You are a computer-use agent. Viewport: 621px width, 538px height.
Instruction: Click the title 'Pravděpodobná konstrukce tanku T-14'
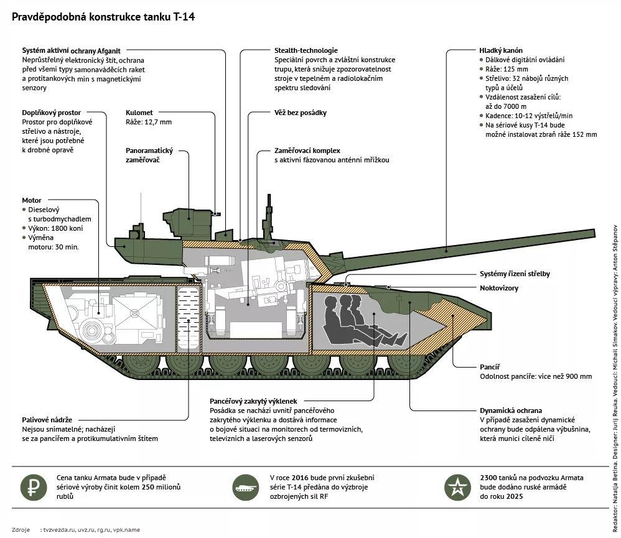pyautogui.click(x=103, y=16)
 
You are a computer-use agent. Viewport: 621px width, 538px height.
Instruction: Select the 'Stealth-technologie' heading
pyautogui.click(x=306, y=50)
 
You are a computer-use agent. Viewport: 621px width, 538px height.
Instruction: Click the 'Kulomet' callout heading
pyautogui.click(x=139, y=113)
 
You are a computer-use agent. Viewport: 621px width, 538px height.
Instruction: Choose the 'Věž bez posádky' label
pyautogui.click(x=301, y=113)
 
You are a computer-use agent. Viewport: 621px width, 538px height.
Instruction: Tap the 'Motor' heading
pyautogui.click(x=32, y=201)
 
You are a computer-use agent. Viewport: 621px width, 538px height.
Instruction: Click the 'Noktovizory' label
pyautogui.click(x=499, y=288)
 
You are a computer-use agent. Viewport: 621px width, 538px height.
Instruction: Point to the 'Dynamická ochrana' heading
pyautogui.click(x=510, y=410)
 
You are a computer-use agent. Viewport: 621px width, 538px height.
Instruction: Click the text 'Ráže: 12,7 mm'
pyautogui.click(x=149, y=123)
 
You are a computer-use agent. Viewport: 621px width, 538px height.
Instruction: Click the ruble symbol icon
pyautogui.click(x=33, y=487)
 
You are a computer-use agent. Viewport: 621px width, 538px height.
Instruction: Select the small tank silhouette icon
pyautogui.click(x=246, y=487)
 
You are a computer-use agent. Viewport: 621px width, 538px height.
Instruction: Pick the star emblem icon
pyautogui.click(x=459, y=487)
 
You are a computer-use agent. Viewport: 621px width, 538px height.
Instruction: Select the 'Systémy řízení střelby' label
pyautogui.click(x=515, y=274)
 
